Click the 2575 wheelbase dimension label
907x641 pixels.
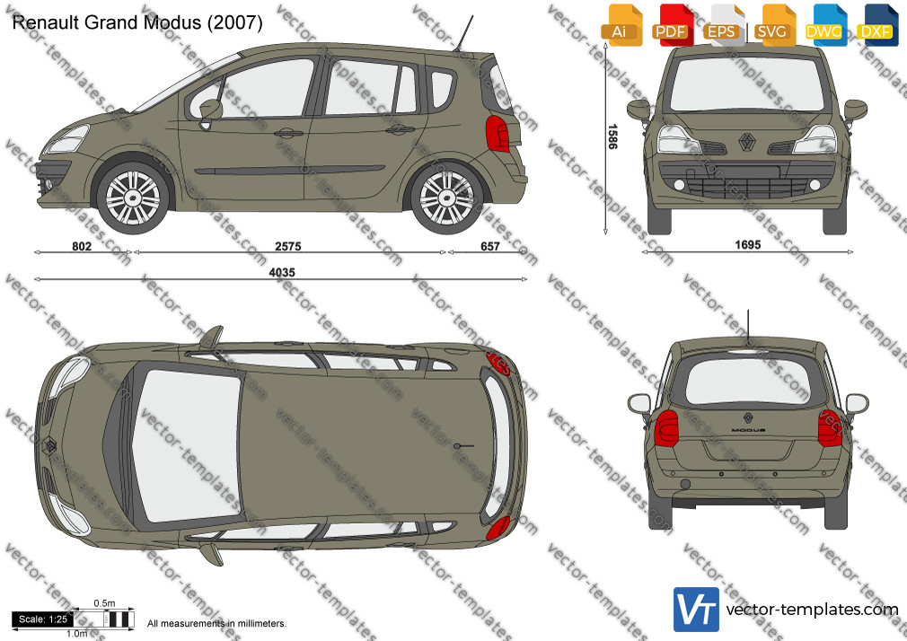point(288,247)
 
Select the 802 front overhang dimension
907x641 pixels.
point(82,247)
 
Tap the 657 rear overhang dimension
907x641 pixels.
point(490,247)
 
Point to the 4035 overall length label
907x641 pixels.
point(282,272)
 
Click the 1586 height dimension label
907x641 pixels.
point(612,136)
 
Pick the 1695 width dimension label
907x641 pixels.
point(747,245)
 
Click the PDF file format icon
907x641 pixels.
point(671,25)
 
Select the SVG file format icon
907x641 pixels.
point(774,25)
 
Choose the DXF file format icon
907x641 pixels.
point(877,25)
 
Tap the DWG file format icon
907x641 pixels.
point(825,25)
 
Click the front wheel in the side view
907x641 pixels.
point(133,198)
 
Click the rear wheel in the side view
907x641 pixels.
point(446,198)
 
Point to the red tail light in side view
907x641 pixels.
point(498,134)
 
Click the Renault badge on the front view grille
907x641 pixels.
point(747,141)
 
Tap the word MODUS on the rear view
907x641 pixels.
point(748,430)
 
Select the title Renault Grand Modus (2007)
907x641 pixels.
point(137,22)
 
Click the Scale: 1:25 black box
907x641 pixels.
point(43,619)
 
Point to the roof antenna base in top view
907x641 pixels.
point(458,446)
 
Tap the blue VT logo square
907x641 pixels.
point(697,610)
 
